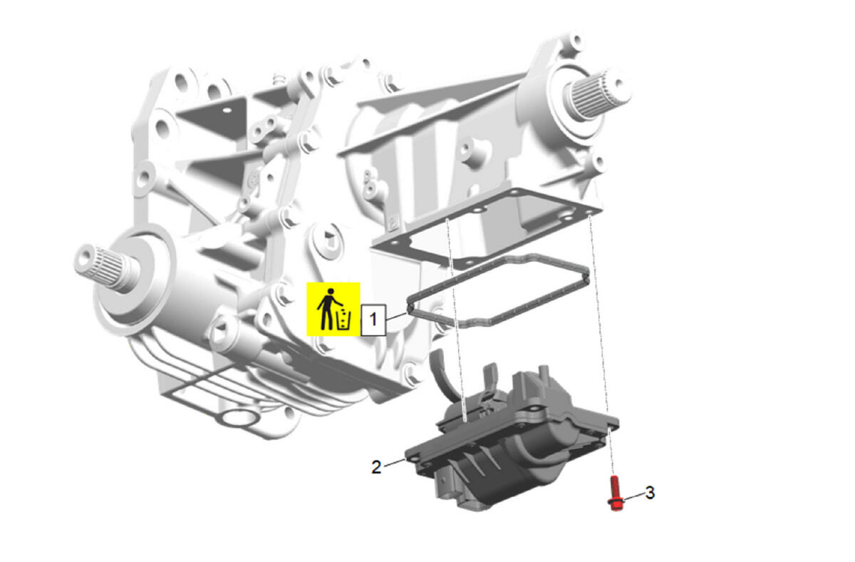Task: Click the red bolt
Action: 615,494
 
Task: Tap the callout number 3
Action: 651,493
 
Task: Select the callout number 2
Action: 376,467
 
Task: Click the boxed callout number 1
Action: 373,320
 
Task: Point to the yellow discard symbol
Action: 333,309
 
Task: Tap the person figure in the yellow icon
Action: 328,309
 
